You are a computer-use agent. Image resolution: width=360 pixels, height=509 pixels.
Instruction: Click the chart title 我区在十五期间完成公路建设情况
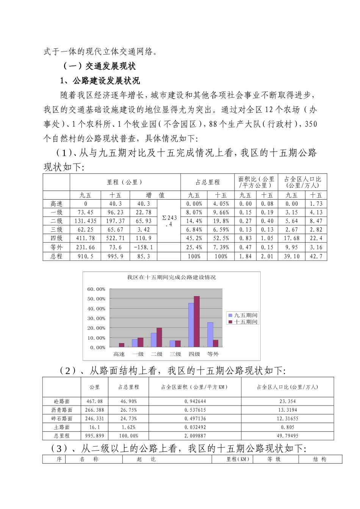coord(171,278)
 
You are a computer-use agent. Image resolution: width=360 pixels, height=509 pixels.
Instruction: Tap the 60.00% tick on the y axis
coord(96,289)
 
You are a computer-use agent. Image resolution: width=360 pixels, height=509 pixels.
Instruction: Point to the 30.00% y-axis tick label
coord(96,319)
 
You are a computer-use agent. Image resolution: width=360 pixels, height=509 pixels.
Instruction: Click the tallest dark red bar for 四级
coord(197,322)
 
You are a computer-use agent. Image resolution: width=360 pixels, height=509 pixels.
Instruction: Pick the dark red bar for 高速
coord(122,345)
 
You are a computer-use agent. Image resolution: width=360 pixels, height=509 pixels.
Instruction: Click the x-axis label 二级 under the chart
coord(157,354)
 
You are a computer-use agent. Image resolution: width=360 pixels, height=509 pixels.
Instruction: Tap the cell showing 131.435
coord(85,221)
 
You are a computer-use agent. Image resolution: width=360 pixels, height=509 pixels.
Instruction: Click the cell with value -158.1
coord(144,247)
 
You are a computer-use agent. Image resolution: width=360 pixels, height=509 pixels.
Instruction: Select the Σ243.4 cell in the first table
coord(169,221)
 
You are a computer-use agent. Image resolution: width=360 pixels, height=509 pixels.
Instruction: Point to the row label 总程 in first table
coord(56,256)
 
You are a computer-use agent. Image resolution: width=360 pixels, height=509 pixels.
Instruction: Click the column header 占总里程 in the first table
coord(207,183)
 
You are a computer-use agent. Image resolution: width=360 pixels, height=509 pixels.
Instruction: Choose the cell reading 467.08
coord(94,401)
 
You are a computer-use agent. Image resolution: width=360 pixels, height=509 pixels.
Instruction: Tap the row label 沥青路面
coord(62,410)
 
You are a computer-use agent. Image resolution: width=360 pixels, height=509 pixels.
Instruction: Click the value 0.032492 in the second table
coord(195,427)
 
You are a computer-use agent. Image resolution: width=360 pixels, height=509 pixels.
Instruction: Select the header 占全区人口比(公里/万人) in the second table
coord(287,387)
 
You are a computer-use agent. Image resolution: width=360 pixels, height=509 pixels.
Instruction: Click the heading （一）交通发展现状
coord(99,66)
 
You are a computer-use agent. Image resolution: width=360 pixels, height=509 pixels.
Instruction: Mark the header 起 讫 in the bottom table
coord(146,459)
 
